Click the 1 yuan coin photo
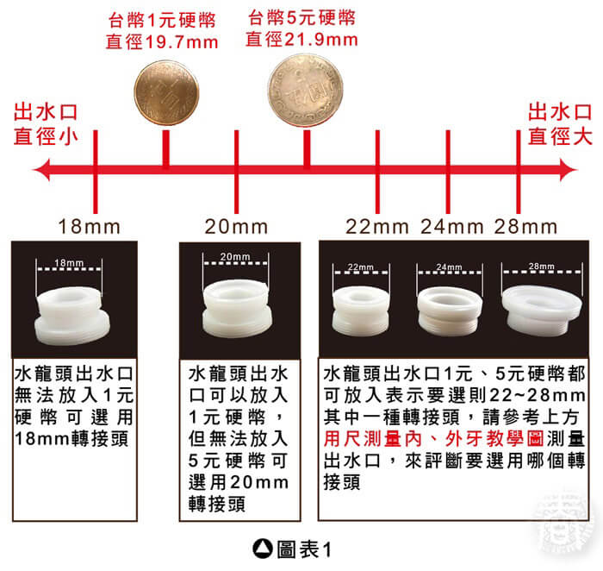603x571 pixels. (166, 93)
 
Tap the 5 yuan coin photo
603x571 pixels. (305, 90)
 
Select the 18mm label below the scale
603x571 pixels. (90, 226)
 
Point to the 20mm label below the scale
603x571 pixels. (236, 226)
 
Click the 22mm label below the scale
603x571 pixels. (377, 226)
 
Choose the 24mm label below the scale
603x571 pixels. (452, 226)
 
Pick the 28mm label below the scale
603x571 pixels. (525, 226)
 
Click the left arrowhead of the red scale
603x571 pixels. (41, 170)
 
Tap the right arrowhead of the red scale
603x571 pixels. (569, 170)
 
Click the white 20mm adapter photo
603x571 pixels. (237, 309)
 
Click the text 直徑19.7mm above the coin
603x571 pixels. (162, 42)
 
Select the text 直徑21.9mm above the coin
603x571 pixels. (301, 40)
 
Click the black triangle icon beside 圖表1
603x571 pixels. (263, 549)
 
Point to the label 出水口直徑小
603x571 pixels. (46, 124)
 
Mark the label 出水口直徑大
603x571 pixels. (560, 124)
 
